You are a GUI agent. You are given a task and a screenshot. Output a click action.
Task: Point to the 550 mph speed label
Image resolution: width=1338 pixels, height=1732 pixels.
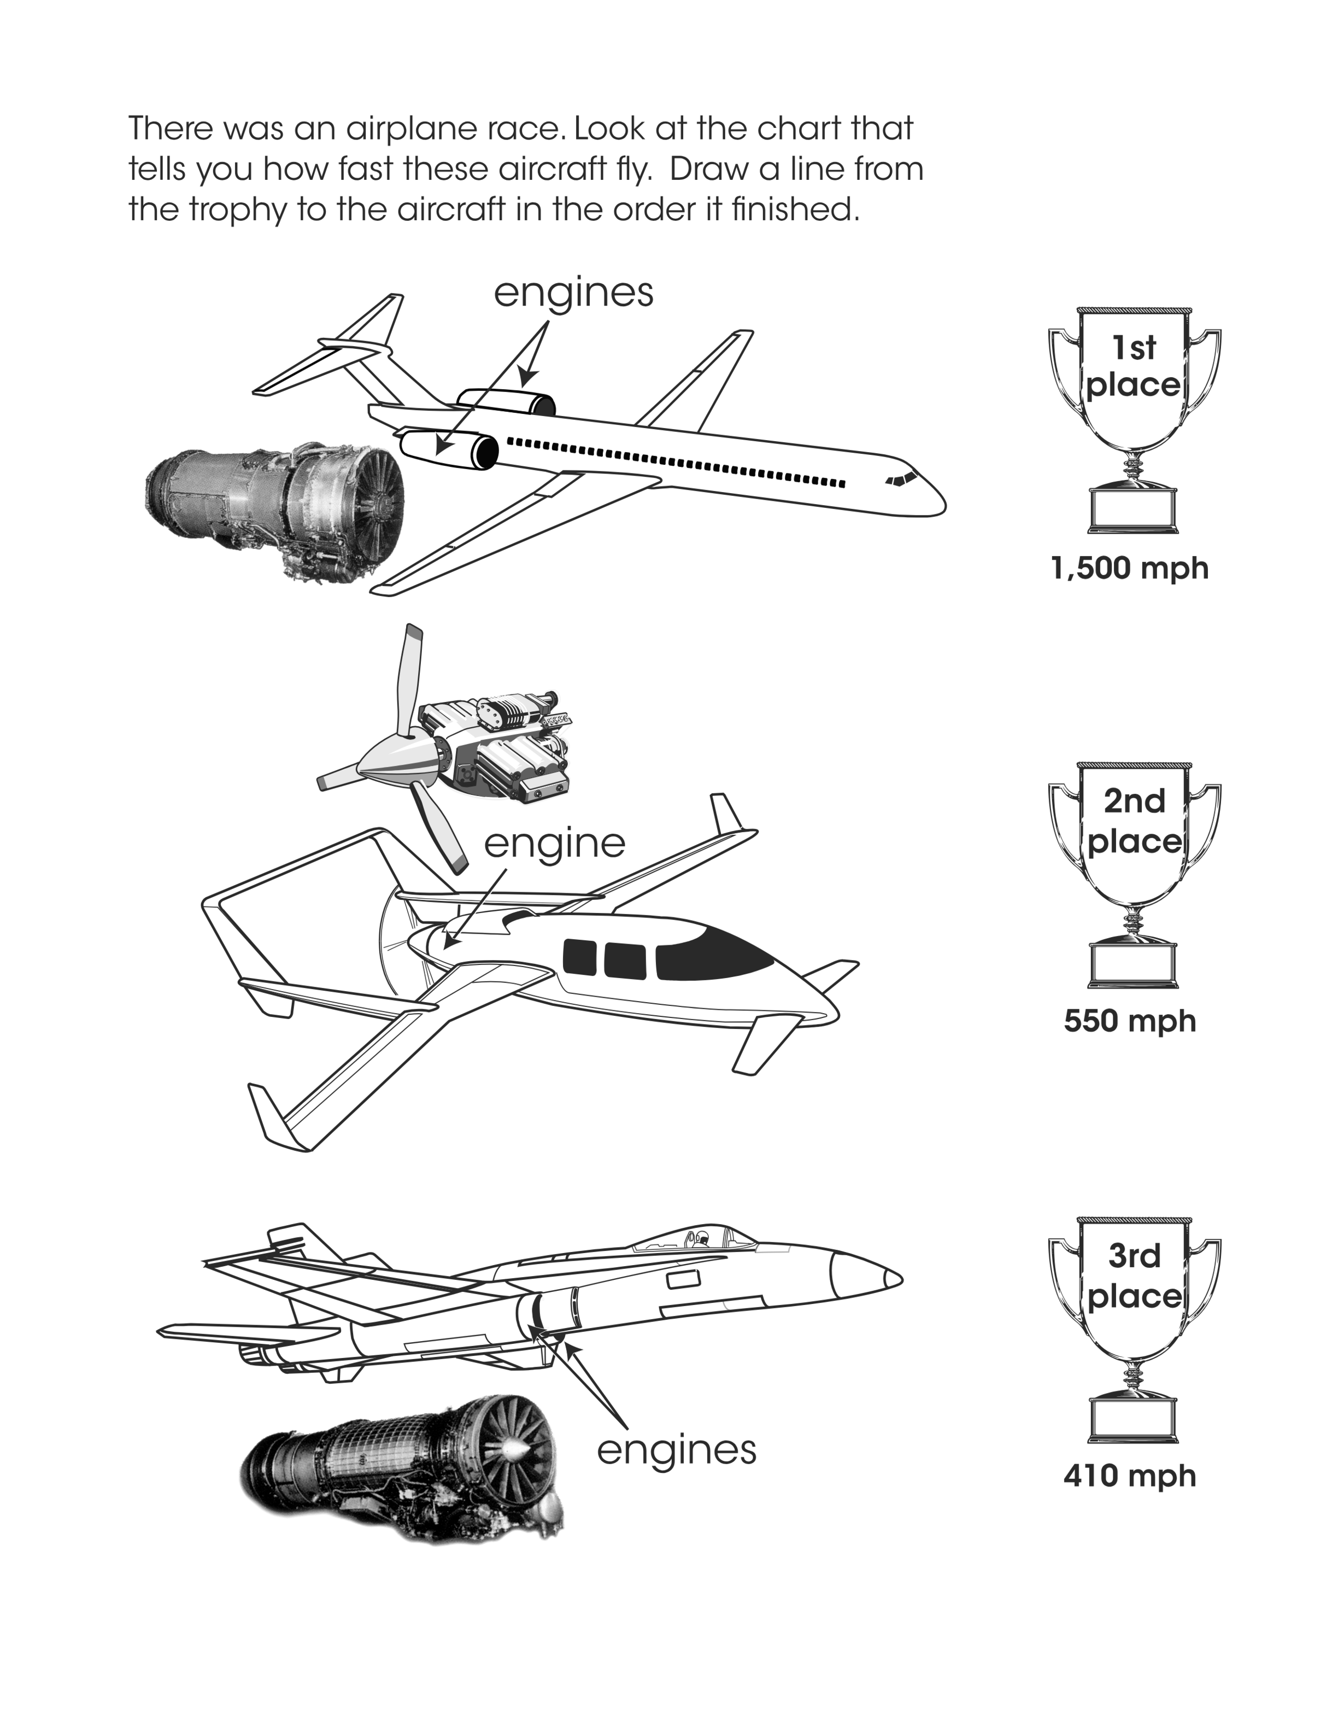pos(1130,1021)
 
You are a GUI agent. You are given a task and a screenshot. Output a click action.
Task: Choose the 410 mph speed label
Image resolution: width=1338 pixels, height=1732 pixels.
pos(1130,1477)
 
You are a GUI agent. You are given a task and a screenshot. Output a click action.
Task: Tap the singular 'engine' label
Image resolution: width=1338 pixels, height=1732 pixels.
pos(554,844)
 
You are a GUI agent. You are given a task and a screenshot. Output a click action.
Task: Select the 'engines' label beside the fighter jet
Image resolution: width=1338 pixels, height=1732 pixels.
pos(676,1450)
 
